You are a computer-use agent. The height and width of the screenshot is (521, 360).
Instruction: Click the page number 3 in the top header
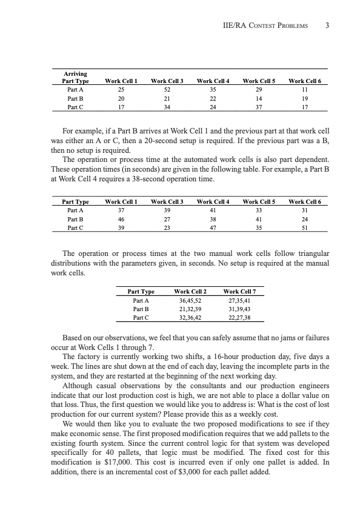coord(327,25)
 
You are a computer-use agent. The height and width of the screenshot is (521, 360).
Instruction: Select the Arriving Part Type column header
coord(76,77)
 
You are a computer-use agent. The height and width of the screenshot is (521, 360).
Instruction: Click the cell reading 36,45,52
coord(190,300)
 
